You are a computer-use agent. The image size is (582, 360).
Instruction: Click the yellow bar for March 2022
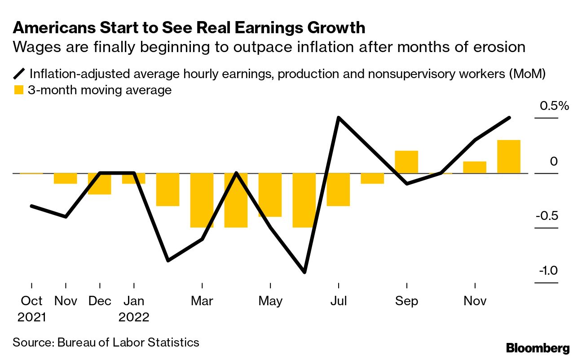pyautogui.click(x=202, y=200)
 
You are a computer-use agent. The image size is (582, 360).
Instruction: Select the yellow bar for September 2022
pyautogui.click(x=406, y=162)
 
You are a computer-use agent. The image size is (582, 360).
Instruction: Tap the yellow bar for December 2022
pyautogui.click(x=508, y=157)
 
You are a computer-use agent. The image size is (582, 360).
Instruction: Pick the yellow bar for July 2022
pyautogui.click(x=338, y=189)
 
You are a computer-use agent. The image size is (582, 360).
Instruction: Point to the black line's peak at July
pyautogui.click(x=338, y=119)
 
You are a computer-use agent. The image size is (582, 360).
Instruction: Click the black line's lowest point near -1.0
pyautogui.click(x=304, y=272)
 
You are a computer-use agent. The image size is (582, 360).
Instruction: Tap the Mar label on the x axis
pyautogui.click(x=202, y=301)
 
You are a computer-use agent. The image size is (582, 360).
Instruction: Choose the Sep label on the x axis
pyautogui.click(x=406, y=301)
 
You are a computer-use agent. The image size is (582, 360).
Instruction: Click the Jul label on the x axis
pyautogui.click(x=338, y=301)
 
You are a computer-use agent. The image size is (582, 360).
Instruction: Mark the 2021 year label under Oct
pyautogui.click(x=32, y=317)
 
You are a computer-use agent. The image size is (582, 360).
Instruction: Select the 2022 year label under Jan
pyautogui.click(x=134, y=317)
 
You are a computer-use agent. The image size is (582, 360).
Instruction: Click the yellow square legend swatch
pyautogui.click(x=18, y=90)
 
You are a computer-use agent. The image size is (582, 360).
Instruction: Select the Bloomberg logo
pyautogui.click(x=538, y=348)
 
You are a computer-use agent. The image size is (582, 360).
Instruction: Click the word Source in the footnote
pyautogui.click(x=32, y=342)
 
